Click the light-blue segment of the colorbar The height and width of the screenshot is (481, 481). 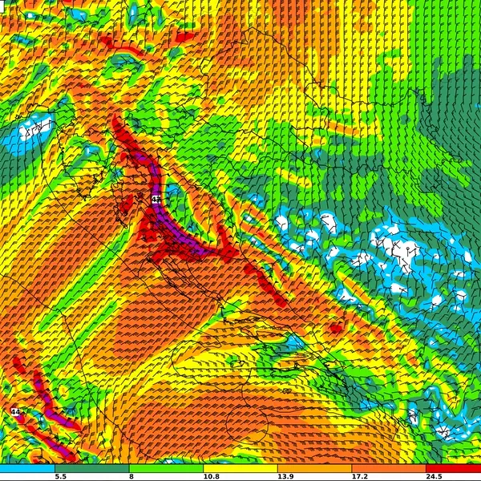pyautogui.click(x=27, y=467)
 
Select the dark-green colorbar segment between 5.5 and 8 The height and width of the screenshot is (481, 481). pyautogui.click(x=91, y=467)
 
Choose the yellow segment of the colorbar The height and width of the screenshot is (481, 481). pyautogui.click(x=240, y=467)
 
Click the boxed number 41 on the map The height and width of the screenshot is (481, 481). pyautogui.click(x=156, y=198)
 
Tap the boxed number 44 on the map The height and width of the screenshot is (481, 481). pyautogui.click(x=14, y=411)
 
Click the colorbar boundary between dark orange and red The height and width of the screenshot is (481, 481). pyautogui.click(x=426, y=467)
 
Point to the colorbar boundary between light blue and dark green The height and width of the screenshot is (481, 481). pyautogui.click(x=55, y=467)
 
